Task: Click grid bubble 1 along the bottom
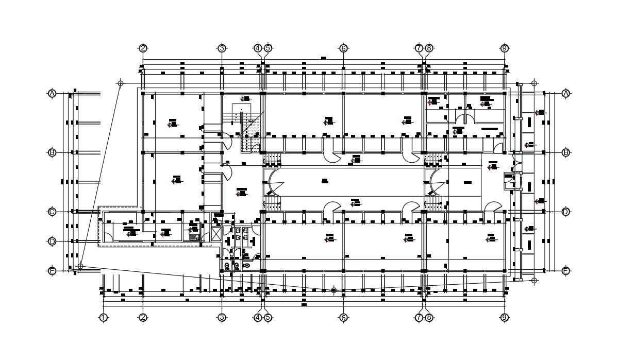coord(103,318)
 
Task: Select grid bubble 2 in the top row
coord(143,48)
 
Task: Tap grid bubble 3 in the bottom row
coord(222,318)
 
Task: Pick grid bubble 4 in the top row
coord(258,48)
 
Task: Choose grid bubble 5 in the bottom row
coord(268,318)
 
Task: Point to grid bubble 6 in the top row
coord(343,48)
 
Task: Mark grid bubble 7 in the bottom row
coord(419,318)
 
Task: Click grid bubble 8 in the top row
coord(429,48)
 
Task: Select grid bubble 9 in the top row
coord(505,48)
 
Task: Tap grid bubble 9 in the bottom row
coord(505,318)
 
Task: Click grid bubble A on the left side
coord(52,93)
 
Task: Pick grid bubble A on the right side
coord(566,93)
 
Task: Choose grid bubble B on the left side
coord(52,152)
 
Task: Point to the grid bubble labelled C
coord(52,212)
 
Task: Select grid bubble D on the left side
coord(52,241)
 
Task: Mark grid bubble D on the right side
coord(566,212)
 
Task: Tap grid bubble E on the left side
coord(52,271)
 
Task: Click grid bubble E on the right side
coord(566,271)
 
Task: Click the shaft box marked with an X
coord(216,234)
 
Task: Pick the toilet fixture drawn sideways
coord(247,265)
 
